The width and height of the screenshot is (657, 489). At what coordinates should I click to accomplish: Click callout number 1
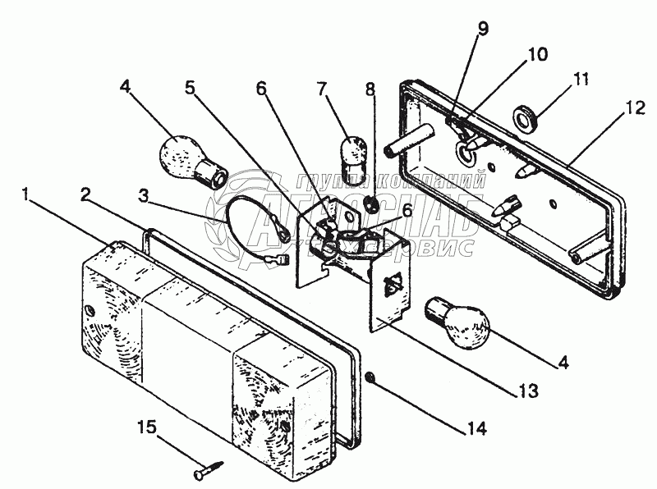(x=29, y=195)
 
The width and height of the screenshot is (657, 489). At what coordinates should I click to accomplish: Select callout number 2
(x=85, y=194)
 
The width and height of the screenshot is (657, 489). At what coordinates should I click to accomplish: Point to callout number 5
(x=191, y=87)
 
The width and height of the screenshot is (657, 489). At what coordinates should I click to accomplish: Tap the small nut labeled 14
(x=370, y=377)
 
